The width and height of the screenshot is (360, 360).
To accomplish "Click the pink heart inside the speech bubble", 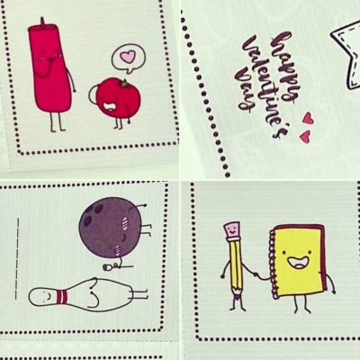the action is [x=129, y=56].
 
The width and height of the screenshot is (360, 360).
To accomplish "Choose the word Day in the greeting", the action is [x=246, y=90].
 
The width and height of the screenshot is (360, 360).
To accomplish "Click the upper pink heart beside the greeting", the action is [x=308, y=118].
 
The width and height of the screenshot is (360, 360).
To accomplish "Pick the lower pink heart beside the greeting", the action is [x=305, y=137].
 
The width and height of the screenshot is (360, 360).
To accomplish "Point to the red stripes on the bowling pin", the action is [x=60, y=296].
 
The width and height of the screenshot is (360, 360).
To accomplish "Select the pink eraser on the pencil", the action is [x=232, y=229].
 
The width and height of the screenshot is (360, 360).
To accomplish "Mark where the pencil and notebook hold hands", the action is [x=256, y=274].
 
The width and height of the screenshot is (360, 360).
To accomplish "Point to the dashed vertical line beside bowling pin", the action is [x=17, y=258].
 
